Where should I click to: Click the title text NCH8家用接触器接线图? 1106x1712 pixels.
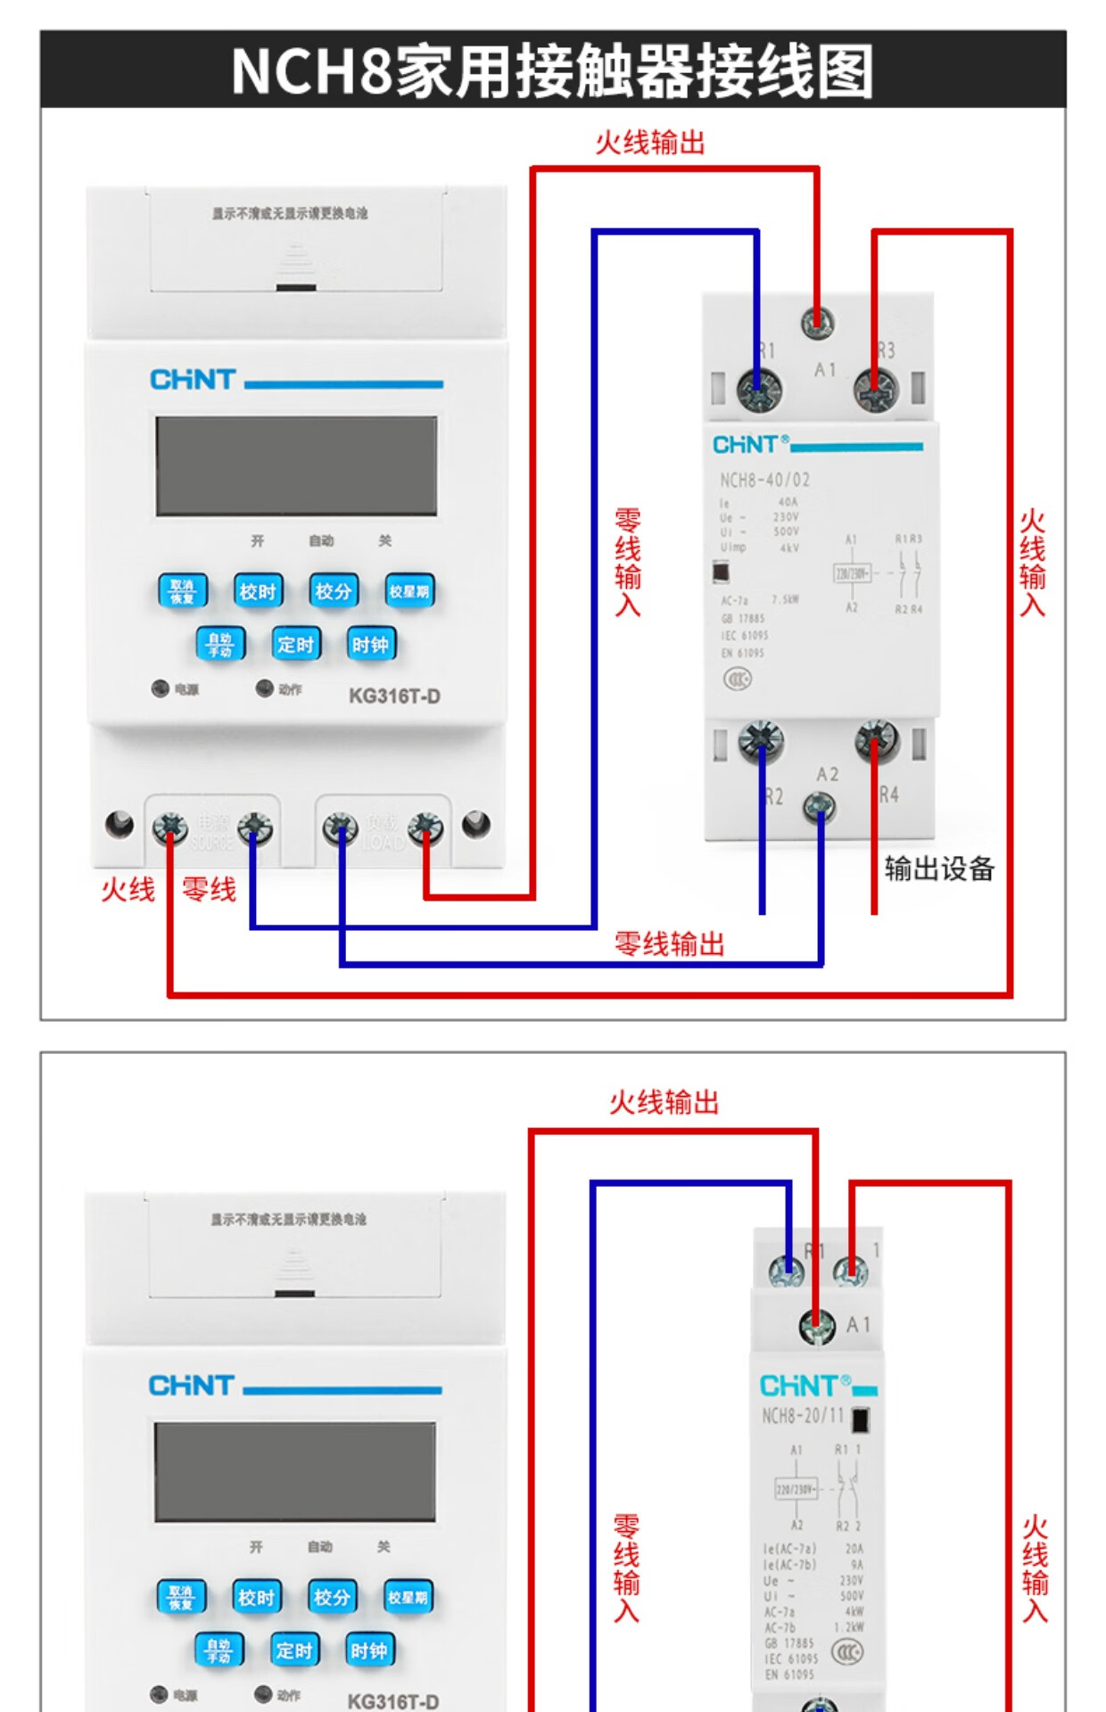552,70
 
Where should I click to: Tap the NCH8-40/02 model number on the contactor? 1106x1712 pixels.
764,480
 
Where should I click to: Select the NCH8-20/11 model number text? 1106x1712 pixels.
802,1415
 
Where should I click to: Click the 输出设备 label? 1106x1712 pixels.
939,868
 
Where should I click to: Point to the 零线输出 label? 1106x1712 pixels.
669,943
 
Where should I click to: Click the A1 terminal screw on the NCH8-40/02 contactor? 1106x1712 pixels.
817,322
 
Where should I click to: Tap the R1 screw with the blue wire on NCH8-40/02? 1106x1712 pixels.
759,390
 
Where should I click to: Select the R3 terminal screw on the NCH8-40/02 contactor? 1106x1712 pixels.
875,390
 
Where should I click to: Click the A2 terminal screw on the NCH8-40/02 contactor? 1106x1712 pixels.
820,808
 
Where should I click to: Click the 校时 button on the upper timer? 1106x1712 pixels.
258,591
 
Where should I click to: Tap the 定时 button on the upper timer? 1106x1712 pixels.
295,644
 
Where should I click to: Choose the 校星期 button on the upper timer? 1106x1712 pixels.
409,591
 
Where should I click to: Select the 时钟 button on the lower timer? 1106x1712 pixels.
369,1650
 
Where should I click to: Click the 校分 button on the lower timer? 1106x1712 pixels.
333,1597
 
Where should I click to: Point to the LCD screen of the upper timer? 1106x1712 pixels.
296,465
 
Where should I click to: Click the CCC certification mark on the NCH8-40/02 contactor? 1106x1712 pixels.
738,679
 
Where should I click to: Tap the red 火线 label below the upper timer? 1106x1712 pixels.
128,889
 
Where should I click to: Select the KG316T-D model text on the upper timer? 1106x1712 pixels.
394,695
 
